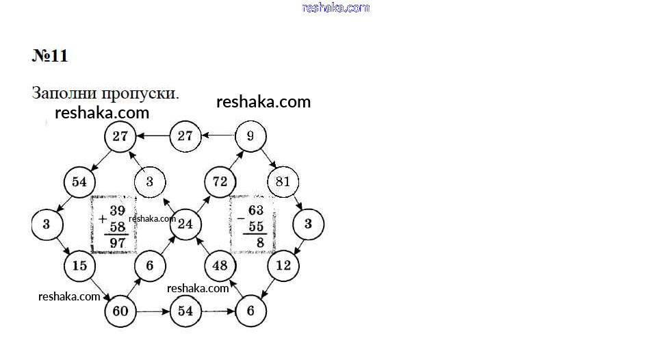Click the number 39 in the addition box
point(118,210)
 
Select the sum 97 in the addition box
point(118,243)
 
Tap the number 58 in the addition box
point(118,227)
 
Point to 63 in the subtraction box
point(256,210)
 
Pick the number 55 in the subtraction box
point(256,226)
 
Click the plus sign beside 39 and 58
point(103,219)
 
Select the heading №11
point(50,55)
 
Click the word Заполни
point(64,93)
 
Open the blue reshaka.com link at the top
point(336,8)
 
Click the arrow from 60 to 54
point(153,311)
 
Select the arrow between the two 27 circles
point(153,136)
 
